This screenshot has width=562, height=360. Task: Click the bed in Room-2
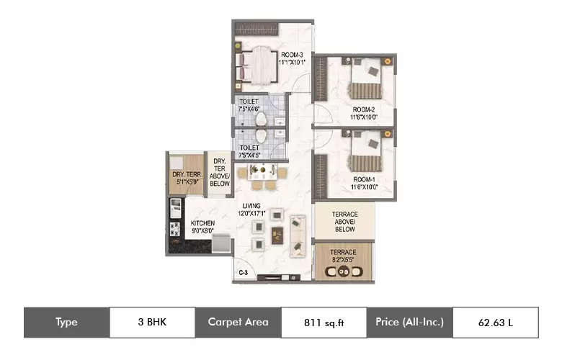point(364,81)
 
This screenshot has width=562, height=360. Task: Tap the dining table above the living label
point(262,174)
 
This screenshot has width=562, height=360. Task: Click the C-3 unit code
point(244,273)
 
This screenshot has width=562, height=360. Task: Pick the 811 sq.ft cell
point(323,323)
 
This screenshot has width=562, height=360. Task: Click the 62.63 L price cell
point(495,323)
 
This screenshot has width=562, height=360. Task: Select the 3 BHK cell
point(152,323)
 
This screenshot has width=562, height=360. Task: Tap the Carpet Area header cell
point(238,323)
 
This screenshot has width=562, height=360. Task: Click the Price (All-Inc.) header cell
point(409,323)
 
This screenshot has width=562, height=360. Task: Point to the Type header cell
point(66,323)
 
